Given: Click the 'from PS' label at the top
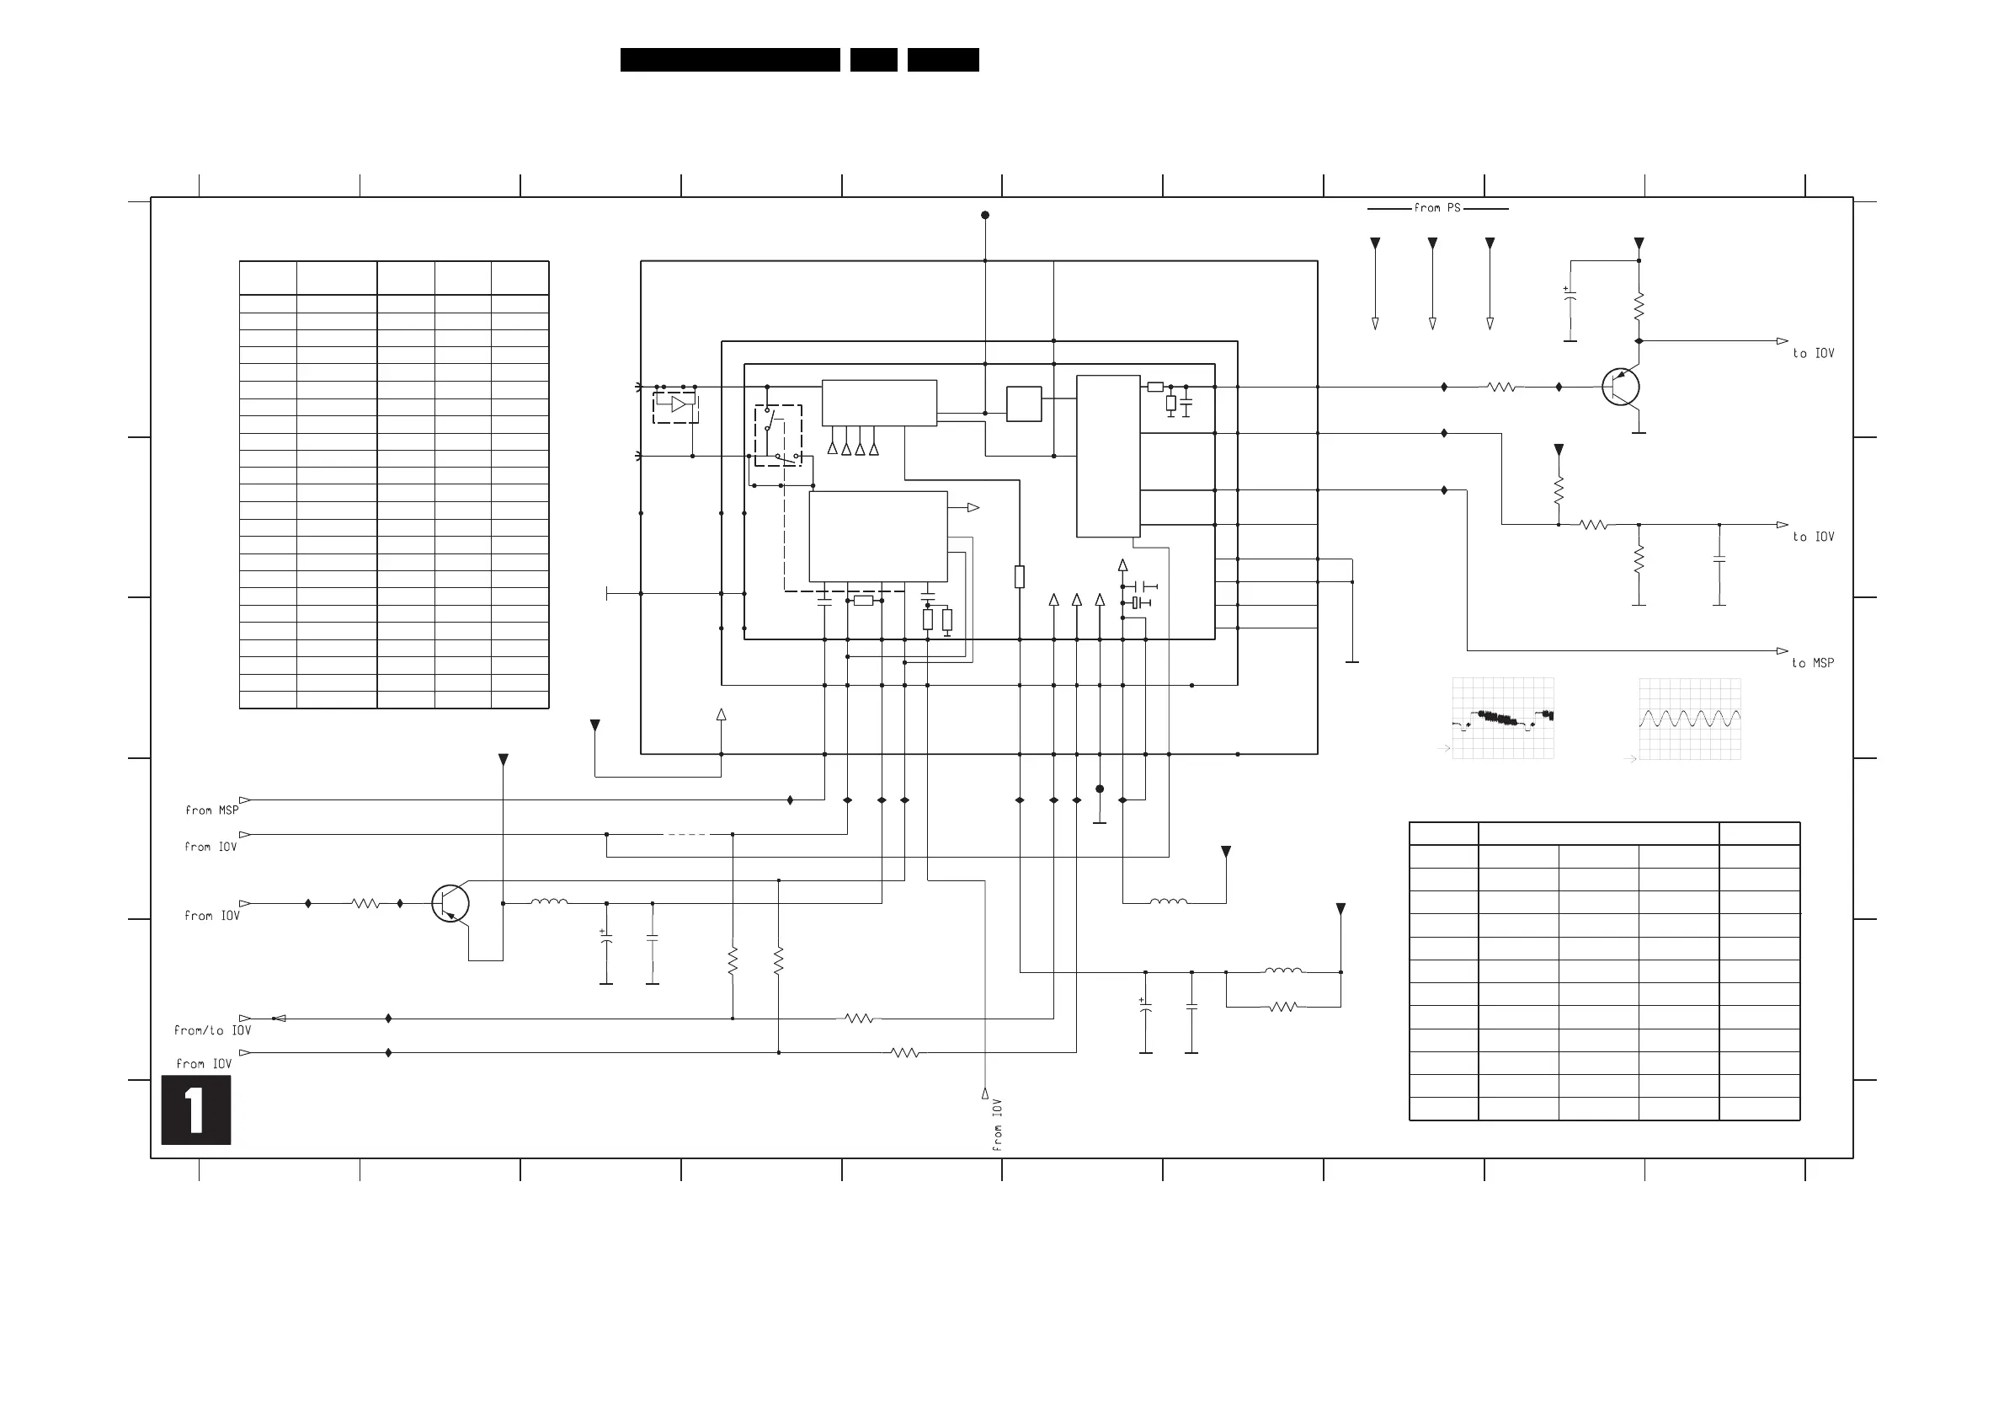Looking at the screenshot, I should pyautogui.click(x=1436, y=208).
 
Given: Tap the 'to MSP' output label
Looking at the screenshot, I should pyautogui.click(x=1813, y=664).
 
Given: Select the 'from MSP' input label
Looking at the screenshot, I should pyautogui.click(x=211, y=810).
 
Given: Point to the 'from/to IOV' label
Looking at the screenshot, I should pyautogui.click(x=212, y=1030).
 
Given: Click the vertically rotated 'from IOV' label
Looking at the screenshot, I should pyautogui.click(x=997, y=1125).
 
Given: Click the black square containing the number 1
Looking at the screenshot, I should pyautogui.click(x=195, y=1110).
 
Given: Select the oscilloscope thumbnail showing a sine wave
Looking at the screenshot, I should pyautogui.click(x=1690, y=719).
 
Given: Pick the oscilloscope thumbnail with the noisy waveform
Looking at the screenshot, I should pyautogui.click(x=1503, y=718).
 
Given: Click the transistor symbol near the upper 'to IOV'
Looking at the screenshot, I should pyautogui.click(x=1621, y=387).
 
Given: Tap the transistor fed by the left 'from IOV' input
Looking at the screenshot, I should pyautogui.click(x=450, y=904).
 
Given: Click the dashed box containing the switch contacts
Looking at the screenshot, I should pyautogui.click(x=778, y=435).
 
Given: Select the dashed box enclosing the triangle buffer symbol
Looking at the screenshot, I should pyautogui.click(x=675, y=407).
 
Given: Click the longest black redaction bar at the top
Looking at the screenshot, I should pyautogui.click(x=730, y=59).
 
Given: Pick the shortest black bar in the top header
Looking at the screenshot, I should pyautogui.click(x=873, y=59).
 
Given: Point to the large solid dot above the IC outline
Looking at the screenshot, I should pyautogui.click(x=984, y=215).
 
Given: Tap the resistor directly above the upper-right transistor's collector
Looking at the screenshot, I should pyautogui.click(x=1639, y=307).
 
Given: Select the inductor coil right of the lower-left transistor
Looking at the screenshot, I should pyautogui.click(x=549, y=903).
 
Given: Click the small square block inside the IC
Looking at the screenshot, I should pyautogui.click(x=1024, y=404).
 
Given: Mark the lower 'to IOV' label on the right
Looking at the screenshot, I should pyautogui.click(x=1813, y=537).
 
